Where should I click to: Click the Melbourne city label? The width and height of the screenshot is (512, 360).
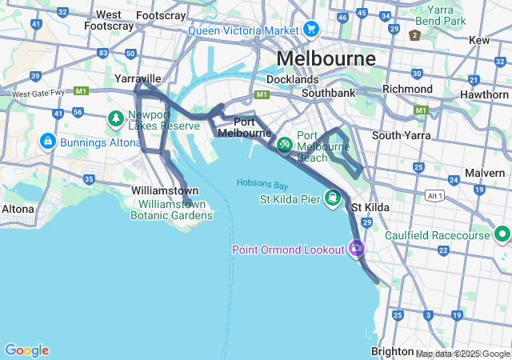pyautogui.click(x=326, y=59)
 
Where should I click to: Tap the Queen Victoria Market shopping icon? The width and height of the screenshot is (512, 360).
pyautogui.click(x=310, y=31)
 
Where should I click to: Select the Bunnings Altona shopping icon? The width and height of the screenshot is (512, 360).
pyautogui.click(x=47, y=142)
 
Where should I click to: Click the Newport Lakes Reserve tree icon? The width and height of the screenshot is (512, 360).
pyautogui.click(x=116, y=118)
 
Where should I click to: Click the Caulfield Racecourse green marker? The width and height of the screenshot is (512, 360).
pyautogui.click(x=502, y=234)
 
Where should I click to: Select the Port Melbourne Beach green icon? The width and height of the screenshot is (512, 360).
pyautogui.click(x=284, y=144)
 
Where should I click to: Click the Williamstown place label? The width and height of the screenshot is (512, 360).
pyautogui.click(x=165, y=191)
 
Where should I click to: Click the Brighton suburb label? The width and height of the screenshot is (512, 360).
pyautogui.click(x=392, y=352)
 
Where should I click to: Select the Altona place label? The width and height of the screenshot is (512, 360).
pyautogui.click(x=18, y=209)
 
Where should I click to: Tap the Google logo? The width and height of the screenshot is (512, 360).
pyautogui.click(x=26, y=350)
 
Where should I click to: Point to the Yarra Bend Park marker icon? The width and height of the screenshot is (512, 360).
pyautogui.click(x=414, y=35)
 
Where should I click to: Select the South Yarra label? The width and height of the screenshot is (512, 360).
pyautogui.click(x=397, y=135)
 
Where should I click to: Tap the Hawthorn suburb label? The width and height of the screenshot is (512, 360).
pyautogui.click(x=484, y=94)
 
